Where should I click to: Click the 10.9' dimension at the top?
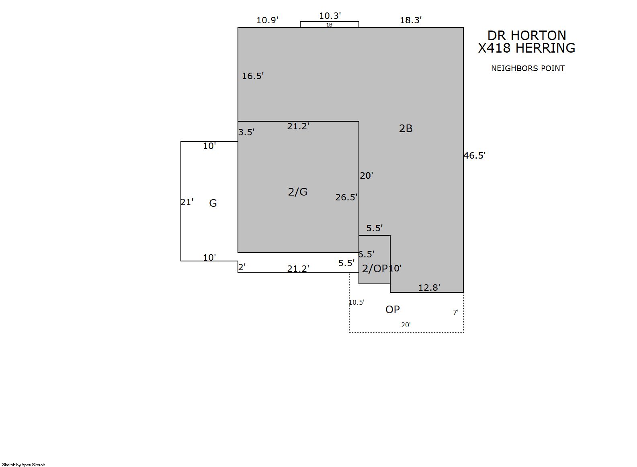coord(267,20)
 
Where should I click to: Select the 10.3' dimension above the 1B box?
coord(330,16)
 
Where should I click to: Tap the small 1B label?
coord(329,25)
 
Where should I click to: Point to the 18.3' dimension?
coord(411,20)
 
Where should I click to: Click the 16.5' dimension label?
coord(252,76)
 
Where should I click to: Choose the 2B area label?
coord(406,128)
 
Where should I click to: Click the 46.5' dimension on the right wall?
coord(474,156)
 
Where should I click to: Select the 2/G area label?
coord(297,192)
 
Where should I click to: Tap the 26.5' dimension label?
coord(346,197)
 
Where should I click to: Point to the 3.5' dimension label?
coord(246,133)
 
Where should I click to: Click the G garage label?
coord(213,203)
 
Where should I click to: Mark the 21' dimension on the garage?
coord(187,202)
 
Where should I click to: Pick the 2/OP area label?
coord(375,269)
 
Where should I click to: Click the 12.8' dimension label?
coord(429,288)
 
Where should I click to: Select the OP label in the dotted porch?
coord(392,310)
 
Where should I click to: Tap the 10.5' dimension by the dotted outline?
coord(356,302)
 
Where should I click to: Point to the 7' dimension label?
coord(456,312)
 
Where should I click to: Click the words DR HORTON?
coord(526,36)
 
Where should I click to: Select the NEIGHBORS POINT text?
coord(528,68)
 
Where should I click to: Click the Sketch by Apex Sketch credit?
coord(24,465)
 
